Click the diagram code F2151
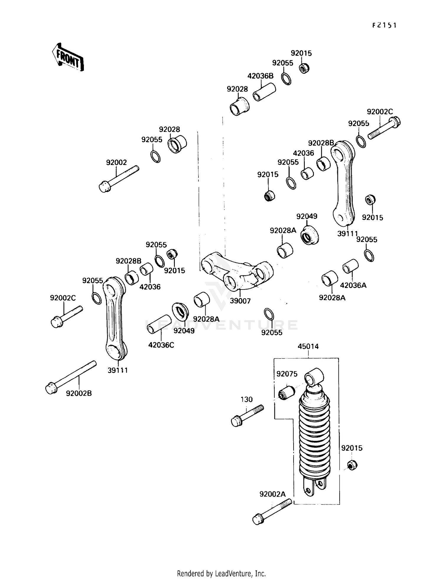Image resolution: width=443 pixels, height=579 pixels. tap(384, 25)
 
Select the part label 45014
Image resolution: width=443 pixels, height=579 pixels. tap(308, 346)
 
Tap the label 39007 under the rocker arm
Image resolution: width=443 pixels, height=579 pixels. tap(240, 301)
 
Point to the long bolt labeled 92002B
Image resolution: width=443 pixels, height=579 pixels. tap(71, 377)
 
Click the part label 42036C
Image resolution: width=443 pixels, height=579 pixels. tap(161, 345)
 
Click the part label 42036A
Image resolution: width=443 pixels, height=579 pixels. tap(353, 285)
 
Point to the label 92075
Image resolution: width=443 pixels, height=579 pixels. tap(287, 374)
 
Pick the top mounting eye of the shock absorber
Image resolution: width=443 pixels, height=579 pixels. tap(314, 376)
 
